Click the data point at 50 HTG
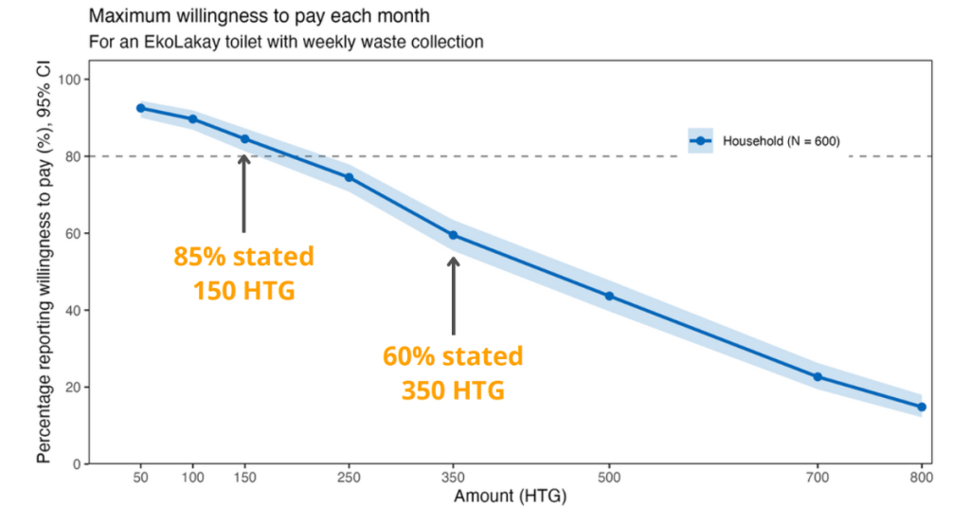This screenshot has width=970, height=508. tap(140, 108)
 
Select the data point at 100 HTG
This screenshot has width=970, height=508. tap(192, 118)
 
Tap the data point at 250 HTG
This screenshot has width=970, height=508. tap(349, 177)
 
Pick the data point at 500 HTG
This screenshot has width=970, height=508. tap(609, 296)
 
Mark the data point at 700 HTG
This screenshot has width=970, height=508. tap(817, 377)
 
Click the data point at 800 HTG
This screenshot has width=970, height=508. tap(922, 407)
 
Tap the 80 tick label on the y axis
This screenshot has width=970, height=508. tap(70, 156)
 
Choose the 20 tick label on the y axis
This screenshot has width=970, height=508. tap(70, 388)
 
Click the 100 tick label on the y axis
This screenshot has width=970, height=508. tap(67, 80)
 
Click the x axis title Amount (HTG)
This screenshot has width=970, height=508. tap(510, 495)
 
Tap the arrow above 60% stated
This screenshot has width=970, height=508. tap(453, 294)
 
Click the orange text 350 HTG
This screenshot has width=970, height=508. tap(453, 390)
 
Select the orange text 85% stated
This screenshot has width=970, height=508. tap(243, 257)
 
